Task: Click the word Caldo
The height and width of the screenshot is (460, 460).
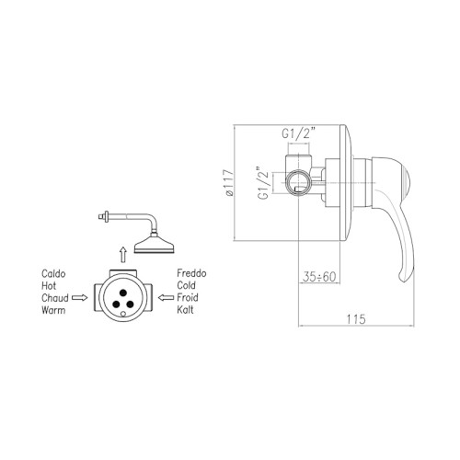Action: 53,273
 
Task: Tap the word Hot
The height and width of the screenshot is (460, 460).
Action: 49,286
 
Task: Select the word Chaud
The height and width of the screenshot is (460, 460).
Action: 55,298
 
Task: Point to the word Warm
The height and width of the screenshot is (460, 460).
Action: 53,310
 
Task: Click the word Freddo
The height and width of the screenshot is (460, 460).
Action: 191,273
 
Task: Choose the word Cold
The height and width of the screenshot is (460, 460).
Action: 186,285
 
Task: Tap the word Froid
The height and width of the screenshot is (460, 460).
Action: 188,297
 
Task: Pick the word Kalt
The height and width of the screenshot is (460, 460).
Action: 185,310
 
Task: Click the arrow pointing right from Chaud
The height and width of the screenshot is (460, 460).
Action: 79,297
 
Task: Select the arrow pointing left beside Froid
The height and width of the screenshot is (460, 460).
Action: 167,297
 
